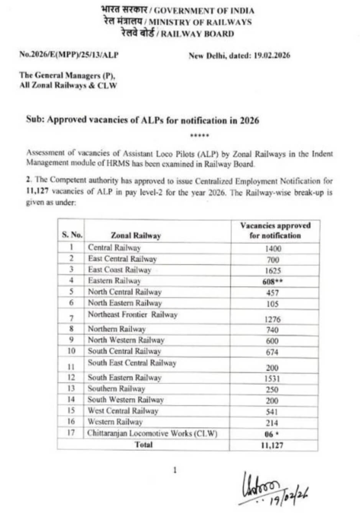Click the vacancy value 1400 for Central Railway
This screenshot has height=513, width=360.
273,248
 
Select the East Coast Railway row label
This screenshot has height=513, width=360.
119,270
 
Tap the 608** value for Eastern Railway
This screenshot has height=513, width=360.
273,282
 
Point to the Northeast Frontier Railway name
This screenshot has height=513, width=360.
132,315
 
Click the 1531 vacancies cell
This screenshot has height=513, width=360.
272,378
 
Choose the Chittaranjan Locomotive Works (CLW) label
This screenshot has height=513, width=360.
152,434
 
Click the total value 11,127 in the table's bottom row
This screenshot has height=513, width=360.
272,445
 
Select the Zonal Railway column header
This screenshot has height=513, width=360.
136,235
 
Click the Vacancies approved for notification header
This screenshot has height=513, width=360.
275,230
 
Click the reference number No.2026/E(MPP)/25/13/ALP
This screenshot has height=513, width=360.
69,55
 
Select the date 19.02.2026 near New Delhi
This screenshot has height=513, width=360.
271,55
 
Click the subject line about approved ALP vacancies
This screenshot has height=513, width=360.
142,120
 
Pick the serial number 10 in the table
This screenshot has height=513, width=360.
71,351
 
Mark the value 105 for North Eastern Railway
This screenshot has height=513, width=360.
272,304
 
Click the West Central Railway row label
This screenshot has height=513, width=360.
123,411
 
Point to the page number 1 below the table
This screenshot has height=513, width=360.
175,470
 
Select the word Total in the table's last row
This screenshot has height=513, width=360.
143,445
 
